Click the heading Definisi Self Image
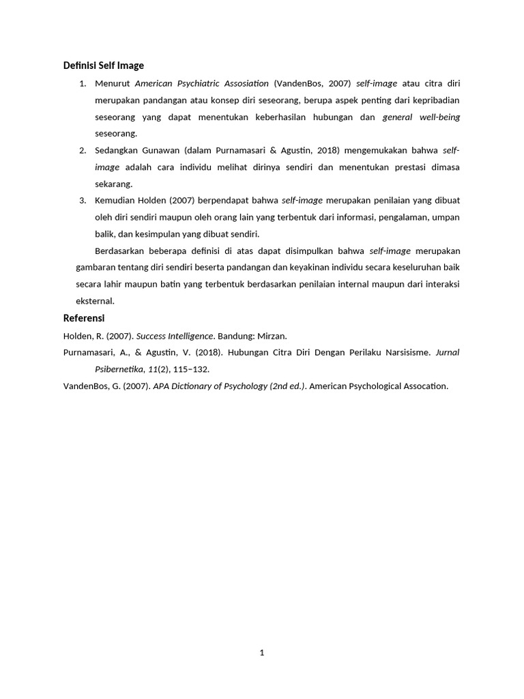click(x=104, y=66)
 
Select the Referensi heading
click(x=84, y=318)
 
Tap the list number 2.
click(x=83, y=150)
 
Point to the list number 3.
click(x=83, y=201)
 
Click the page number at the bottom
click(x=262, y=653)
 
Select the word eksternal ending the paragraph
click(x=95, y=301)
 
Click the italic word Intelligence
click(x=191, y=336)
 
